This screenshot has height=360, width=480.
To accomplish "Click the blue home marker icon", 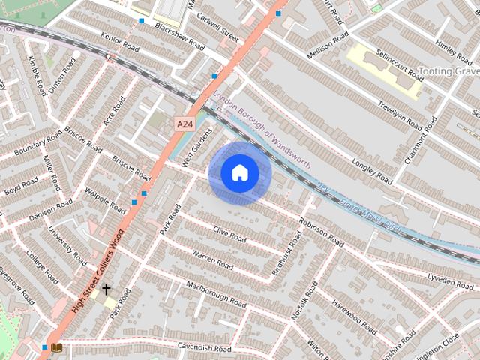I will pyautogui.click(x=240, y=173).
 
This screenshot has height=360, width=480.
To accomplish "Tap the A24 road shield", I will pyautogui.click(x=184, y=122).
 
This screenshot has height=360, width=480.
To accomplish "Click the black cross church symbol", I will pyautogui.click(x=106, y=289).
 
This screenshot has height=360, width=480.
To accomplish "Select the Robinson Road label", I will pyautogui.click(x=321, y=232).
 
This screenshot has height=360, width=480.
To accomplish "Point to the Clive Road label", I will pyautogui.click(x=229, y=235).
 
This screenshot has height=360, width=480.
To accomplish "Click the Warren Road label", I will pyautogui.click(x=212, y=259).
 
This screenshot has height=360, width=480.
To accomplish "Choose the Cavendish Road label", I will pyautogui.click(x=204, y=347).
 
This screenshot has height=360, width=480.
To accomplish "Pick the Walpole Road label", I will pyautogui.click(x=105, y=200).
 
